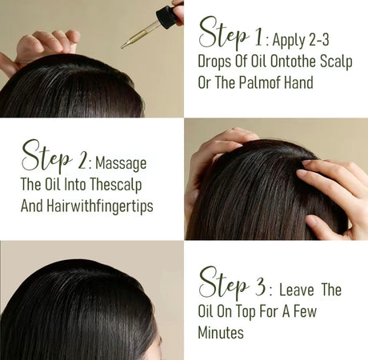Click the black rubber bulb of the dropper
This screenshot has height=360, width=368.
click(x=166, y=16)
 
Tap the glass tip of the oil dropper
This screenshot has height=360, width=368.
click(x=124, y=46)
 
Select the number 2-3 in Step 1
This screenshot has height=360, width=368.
click(x=319, y=39)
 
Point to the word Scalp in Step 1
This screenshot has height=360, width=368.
click(x=336, y=62)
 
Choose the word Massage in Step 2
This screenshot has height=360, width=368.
click(x=121, y=164)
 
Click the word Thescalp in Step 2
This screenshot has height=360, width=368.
click(x=115, y=185)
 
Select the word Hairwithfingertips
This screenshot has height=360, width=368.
click(x=100, y=206)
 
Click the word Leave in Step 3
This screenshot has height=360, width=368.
click(x=297, y=290)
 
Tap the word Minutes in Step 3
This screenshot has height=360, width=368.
click(x=221, y=333)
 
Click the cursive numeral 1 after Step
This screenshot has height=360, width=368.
click(x=258, y=38)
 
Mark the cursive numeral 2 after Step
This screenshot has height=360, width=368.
click(x=82, y=161)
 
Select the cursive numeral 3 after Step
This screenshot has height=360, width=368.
click(x=260, y=286)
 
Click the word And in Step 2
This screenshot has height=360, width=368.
click(x=31, y=206)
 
